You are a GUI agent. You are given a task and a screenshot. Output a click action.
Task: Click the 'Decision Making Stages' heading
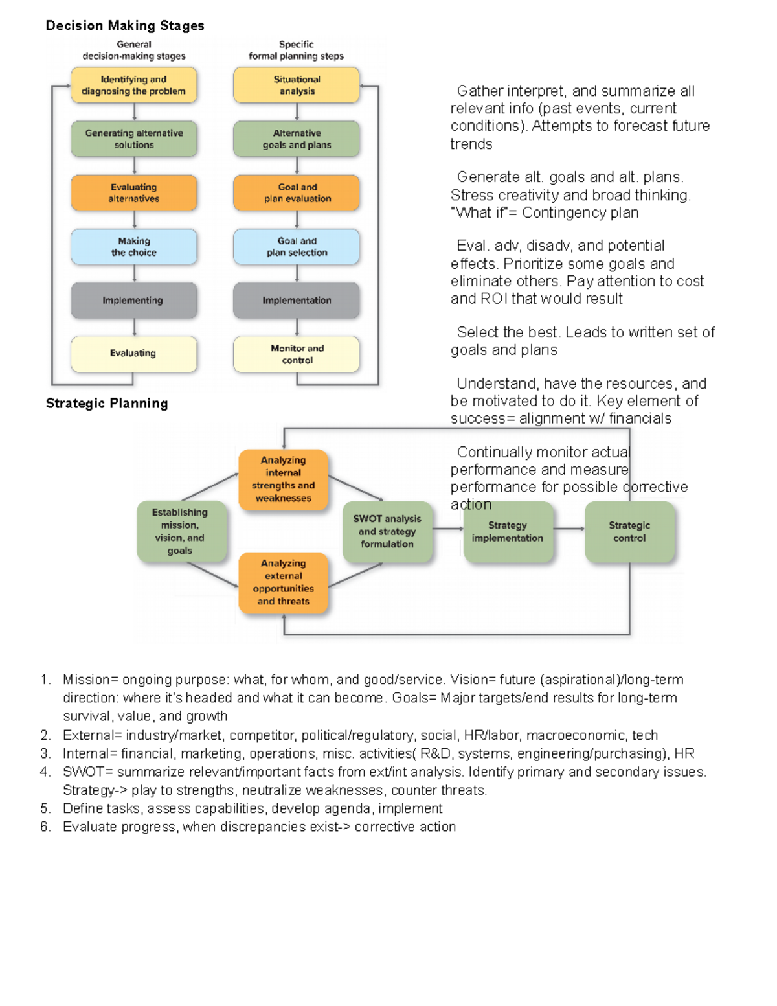click(x=124, y=26)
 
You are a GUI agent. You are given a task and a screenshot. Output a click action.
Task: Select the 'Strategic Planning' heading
click(x=107, y=404)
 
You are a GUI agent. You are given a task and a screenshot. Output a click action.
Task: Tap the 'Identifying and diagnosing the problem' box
click(x=134, y=86)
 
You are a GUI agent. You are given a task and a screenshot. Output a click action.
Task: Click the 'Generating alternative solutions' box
click(x=134, y=139)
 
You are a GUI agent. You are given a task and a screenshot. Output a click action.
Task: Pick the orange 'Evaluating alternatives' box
click(x=134, y=193)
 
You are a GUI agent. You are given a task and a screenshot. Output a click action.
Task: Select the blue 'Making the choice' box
click(x=134, y=247)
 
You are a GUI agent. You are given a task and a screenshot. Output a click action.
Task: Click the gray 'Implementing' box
click(x=134, y=301)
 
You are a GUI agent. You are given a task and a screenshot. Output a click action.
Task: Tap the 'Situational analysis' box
click(x=297, y=86)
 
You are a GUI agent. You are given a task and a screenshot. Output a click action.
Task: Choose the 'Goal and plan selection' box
click(x=297, y=247)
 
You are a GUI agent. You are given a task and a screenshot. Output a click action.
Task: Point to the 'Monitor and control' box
click(x=297, y=354)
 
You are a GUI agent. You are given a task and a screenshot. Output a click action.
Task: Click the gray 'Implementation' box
click(x=297, y=301)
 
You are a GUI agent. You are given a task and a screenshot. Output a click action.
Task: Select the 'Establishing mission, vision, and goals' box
click(x=181, y=531)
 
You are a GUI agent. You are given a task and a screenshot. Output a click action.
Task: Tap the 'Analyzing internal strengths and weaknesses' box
click(x=284, y=479)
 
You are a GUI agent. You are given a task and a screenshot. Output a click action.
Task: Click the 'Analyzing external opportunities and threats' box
click(x=284, y=582)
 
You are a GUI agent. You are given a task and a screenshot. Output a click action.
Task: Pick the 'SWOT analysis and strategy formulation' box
click(x=387, y=531)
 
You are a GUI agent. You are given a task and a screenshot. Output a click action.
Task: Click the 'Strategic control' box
click(x=629, y=531)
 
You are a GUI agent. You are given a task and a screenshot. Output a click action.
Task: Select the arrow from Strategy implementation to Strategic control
click(x=569, y=529)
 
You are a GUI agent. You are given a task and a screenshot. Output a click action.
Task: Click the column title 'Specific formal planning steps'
click(x=297, y=51)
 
